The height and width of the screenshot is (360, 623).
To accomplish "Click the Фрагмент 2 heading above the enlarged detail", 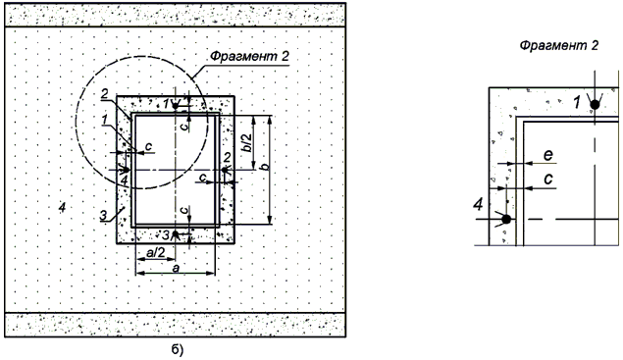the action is (x=558, y=46).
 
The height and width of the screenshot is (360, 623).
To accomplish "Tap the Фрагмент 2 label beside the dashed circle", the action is (x=249, y=57).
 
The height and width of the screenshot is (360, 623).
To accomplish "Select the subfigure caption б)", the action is (x=178, y=349).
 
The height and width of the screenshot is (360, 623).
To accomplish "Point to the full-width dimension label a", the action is (x=176, y=269).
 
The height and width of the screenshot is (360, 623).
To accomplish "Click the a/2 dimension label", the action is (x=156, y=252).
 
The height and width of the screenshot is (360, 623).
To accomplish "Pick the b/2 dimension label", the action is (x=248, y=142).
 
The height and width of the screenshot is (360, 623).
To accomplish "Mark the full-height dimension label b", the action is (x=264, y=167).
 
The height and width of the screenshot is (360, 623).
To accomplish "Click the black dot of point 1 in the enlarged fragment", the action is (x=595, y=105).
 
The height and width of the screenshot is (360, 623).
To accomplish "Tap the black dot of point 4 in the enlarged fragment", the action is (x=506, y=219).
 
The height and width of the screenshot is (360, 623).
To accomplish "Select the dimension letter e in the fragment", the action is (x=548, y=155).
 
